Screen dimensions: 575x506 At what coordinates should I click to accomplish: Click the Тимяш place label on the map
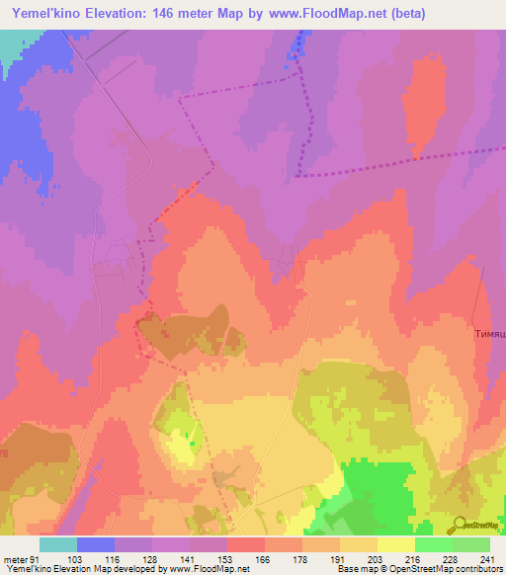point(488,335)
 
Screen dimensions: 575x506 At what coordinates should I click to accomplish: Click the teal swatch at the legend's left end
point(58,544)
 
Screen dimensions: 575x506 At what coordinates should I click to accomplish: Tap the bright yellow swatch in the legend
point(396,544)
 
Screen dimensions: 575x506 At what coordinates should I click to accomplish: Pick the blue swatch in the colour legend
point(96,544)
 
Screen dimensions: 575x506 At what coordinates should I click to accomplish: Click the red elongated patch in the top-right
point(423,104)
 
